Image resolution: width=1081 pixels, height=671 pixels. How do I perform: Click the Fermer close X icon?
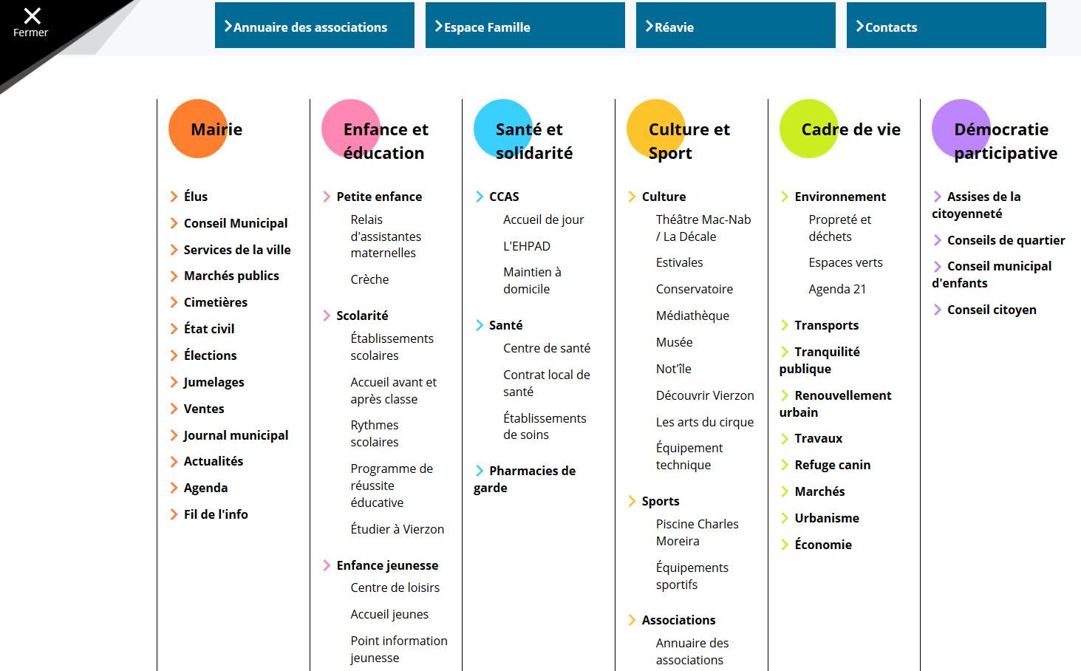32,16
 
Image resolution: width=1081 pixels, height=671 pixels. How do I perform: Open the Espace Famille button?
525,26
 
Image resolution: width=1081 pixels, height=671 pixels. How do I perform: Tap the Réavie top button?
735,26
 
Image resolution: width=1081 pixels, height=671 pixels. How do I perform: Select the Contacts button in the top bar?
946,26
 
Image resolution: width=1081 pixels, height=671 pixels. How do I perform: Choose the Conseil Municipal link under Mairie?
235,223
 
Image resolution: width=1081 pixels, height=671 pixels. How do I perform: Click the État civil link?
208,329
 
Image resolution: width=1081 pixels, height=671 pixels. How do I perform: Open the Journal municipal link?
236,435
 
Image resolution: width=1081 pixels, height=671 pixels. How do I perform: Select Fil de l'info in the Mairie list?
216,514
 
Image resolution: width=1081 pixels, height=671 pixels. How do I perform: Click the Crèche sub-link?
369,279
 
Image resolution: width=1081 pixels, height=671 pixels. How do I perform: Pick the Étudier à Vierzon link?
397,529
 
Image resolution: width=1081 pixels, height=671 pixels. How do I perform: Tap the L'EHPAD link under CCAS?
526,246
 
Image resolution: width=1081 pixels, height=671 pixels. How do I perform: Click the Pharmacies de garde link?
531,471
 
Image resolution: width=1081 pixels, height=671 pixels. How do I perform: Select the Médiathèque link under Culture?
692,316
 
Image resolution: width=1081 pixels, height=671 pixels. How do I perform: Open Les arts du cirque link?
704,422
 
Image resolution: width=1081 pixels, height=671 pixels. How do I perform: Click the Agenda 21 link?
836,289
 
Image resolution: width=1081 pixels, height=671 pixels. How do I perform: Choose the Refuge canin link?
832,465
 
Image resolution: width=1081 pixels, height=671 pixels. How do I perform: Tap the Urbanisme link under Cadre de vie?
826,518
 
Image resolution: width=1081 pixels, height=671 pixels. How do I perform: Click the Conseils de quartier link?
1006,240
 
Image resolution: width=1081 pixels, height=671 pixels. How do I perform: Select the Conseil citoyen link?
991,310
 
